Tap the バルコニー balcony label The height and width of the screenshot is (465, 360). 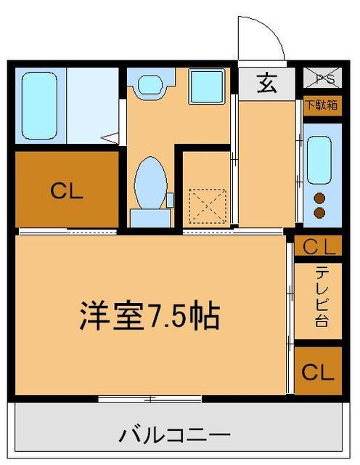(171, 436)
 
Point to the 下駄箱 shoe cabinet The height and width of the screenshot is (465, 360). (320, 104)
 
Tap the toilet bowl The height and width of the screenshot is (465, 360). (151, 180)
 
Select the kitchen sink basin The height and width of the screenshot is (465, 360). (319, 159)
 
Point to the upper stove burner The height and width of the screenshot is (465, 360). (319, 198)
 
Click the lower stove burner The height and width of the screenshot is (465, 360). (319, 212)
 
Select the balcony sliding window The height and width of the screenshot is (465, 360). (150, 398)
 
